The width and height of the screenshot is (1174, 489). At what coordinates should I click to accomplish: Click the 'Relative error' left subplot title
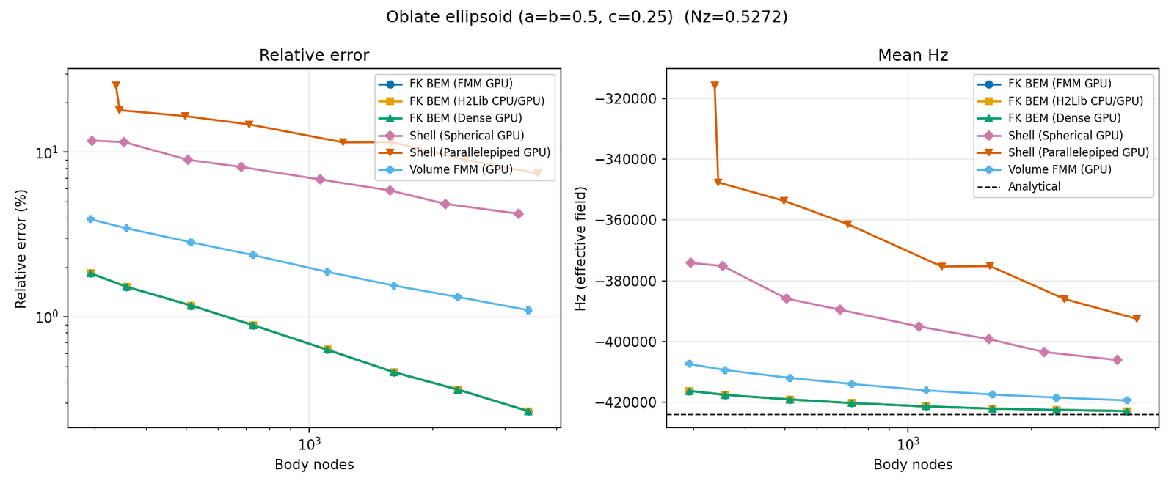[314, 56]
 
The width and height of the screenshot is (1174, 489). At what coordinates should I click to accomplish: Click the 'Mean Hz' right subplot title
[913, 56]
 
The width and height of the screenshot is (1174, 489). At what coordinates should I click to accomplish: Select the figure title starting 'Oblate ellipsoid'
[587, 17]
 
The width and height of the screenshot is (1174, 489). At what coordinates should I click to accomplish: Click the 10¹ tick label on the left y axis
[48, 152]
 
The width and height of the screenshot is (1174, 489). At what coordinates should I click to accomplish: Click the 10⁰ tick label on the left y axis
[48, 317]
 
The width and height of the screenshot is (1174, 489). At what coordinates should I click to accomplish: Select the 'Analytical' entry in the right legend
[1034, 187]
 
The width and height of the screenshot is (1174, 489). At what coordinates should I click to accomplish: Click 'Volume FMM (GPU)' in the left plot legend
[461, 169]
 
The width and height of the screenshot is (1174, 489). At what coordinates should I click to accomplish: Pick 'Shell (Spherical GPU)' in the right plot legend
[1065, 136]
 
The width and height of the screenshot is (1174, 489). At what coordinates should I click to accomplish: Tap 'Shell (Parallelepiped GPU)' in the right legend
[1078, 152]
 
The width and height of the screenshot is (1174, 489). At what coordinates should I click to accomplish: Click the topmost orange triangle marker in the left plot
[116, 86]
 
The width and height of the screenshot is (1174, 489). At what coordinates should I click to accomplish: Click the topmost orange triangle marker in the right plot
[715, 86]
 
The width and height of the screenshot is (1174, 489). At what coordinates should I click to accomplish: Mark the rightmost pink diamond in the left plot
[518, 214]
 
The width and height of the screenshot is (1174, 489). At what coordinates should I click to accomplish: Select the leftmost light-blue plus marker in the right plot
[689, 364]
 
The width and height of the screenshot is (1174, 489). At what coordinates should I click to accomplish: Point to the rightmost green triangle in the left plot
[528, 411]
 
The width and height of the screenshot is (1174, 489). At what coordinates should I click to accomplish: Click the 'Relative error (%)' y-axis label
[21, 249]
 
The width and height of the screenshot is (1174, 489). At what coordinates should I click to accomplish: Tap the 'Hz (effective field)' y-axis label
[581, 249]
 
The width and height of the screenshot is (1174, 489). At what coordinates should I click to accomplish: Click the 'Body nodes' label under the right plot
[913, 465]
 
